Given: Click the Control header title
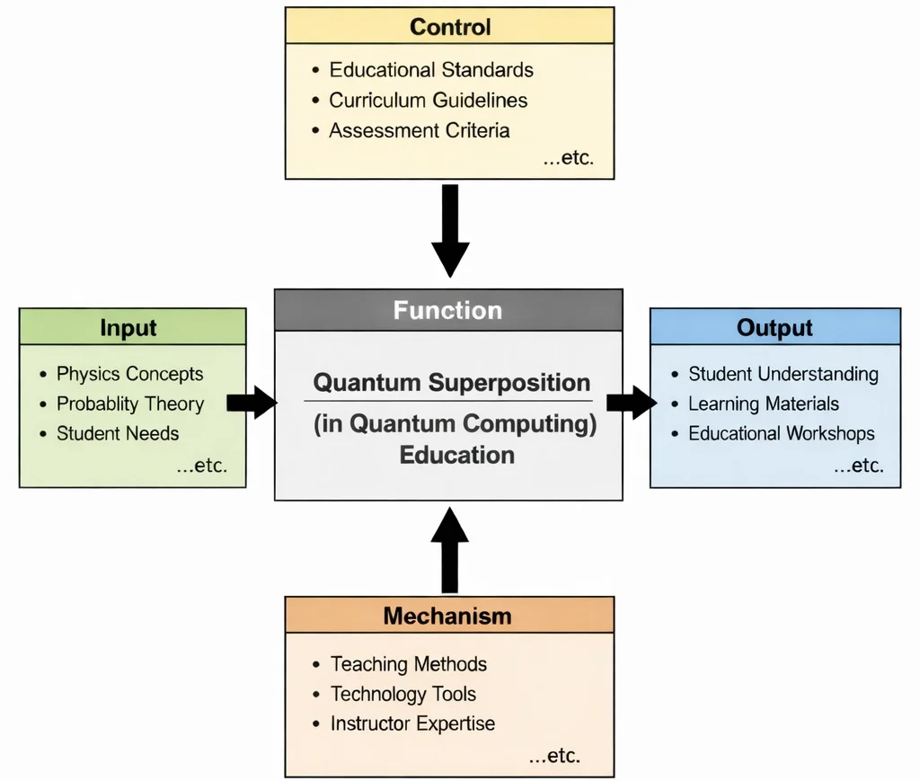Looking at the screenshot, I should click(x=449, y=26).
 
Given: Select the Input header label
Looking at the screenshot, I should click(x=128, y=328).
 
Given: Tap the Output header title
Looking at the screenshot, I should click(x=774, y=327).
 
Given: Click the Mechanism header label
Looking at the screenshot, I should click(x=447, y=617).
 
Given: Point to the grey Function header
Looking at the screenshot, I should click(x=447, y=311).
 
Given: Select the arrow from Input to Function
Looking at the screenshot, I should click(x=252, y=403).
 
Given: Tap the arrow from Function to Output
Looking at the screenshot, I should click(x=632, y=403).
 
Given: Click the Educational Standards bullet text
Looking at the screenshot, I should click(x=430, y=70).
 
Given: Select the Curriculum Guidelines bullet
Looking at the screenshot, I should click(x=428, y=100).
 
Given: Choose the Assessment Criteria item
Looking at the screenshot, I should click(x=419, y=130).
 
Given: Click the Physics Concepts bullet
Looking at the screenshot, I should click(x=129, y=374).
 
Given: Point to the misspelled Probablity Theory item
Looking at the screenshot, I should click(x=129, y=404).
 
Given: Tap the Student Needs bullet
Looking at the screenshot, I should click(x=117, y=433).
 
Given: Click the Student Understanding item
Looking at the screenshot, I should click(x=783, y=374).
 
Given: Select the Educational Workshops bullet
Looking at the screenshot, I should click(x=781, y=433).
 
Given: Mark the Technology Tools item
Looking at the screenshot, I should click(x=402, y=694).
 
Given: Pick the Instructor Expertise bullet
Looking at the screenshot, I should click(x=411, y=723).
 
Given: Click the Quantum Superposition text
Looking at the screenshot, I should click(x=451, y=383).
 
